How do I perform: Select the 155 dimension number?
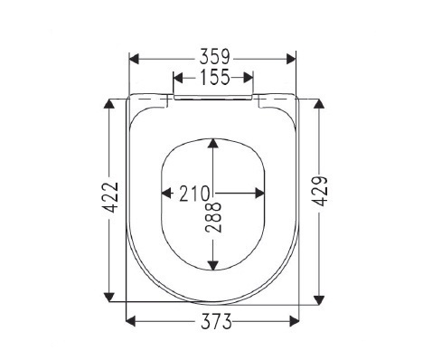tap(215, 77)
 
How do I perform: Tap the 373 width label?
tap(216, 321)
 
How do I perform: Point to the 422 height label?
tap(110, 197)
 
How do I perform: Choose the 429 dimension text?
tap(320, 191)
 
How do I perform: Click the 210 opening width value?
tap(194, 194)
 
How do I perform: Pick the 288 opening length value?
tap(213, 217)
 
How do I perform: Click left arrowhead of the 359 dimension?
tap(134, 59)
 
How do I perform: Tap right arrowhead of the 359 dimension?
tap(291, 59)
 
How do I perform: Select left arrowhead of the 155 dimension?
tap(178, 78)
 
